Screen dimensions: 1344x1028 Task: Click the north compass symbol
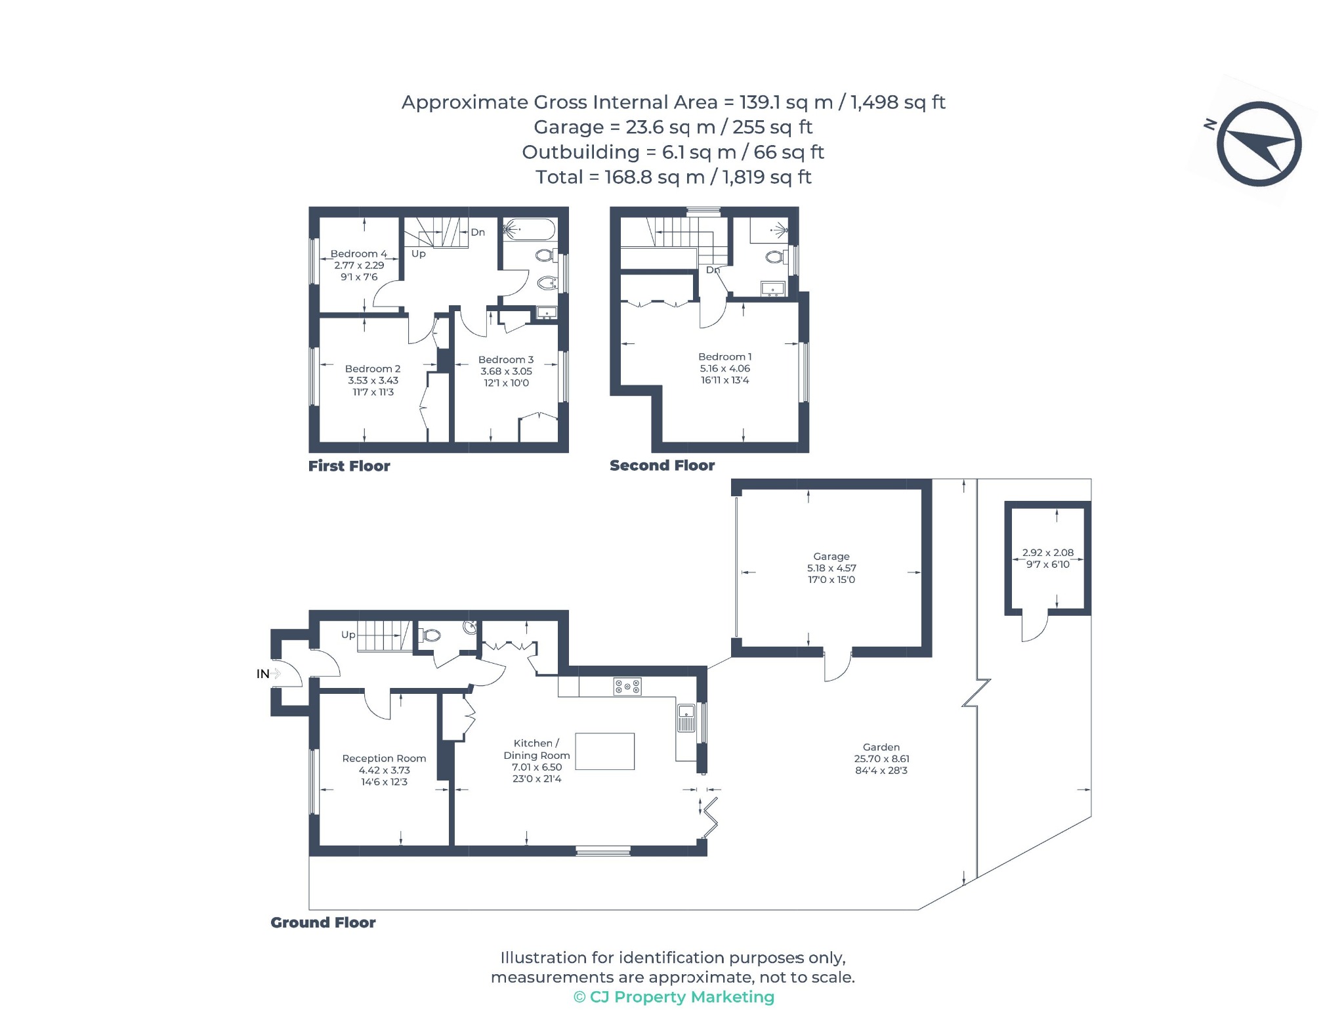click(1258, 144)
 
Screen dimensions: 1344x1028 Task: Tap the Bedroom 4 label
click(358, 253)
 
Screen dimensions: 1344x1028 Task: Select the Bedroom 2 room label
click(373, 369)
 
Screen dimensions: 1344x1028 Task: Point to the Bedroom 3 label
click(506, 360)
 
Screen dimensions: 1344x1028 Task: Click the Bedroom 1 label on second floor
click(725, 356)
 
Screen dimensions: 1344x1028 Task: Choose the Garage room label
click(831, 556)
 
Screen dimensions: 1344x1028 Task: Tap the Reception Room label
click(384, 758)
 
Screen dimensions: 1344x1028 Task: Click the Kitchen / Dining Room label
click(537, 749)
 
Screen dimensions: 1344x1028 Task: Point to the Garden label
click(881, 747)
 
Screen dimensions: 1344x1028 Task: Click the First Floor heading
click(349, 466)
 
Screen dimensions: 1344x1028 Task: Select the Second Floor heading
click(662, 465)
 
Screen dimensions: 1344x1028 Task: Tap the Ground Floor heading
click(323, 922)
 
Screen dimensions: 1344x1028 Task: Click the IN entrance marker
click(263, 674)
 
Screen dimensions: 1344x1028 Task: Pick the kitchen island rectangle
click(605, 751)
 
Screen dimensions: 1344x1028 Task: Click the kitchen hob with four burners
click(627, 687)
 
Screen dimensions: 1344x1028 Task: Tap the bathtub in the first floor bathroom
click(529, 230)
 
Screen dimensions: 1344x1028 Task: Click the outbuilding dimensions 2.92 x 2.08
click(1048, 553)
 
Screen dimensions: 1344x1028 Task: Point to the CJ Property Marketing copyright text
click(674, 997)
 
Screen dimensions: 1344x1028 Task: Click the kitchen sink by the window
click(686, 717)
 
